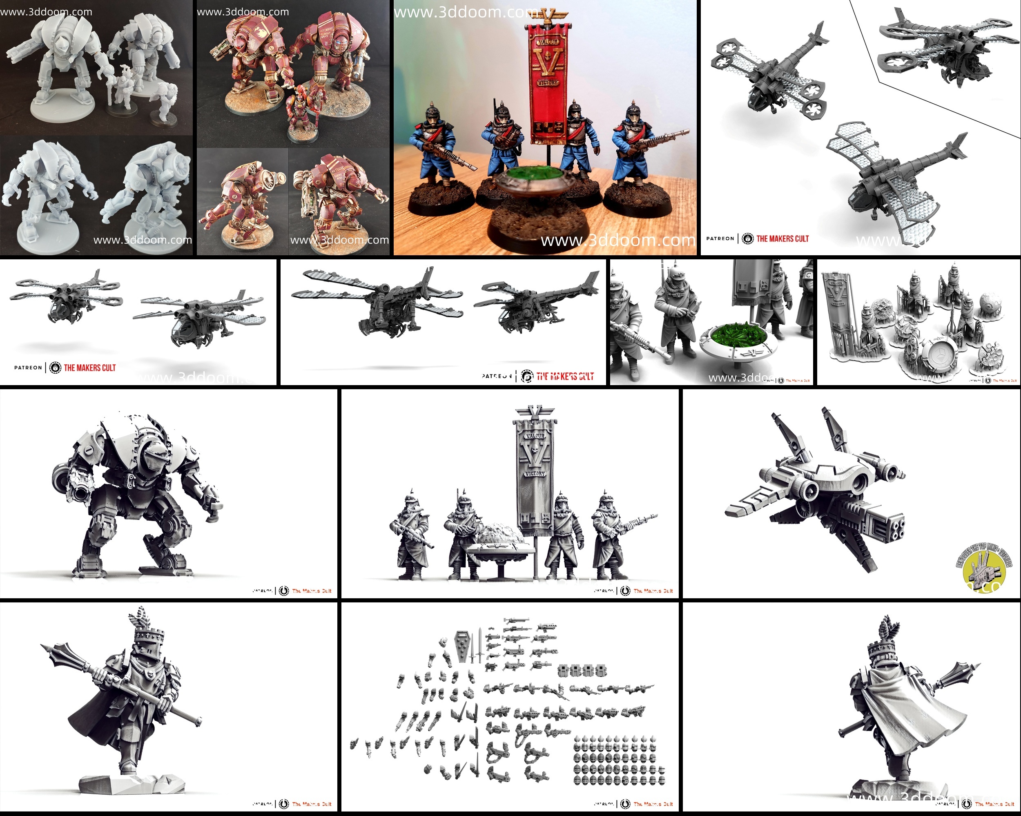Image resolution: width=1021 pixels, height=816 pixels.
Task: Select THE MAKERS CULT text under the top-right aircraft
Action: click(x=782, y=239)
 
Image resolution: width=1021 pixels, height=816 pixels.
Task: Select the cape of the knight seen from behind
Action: click(x=900, y=710)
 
